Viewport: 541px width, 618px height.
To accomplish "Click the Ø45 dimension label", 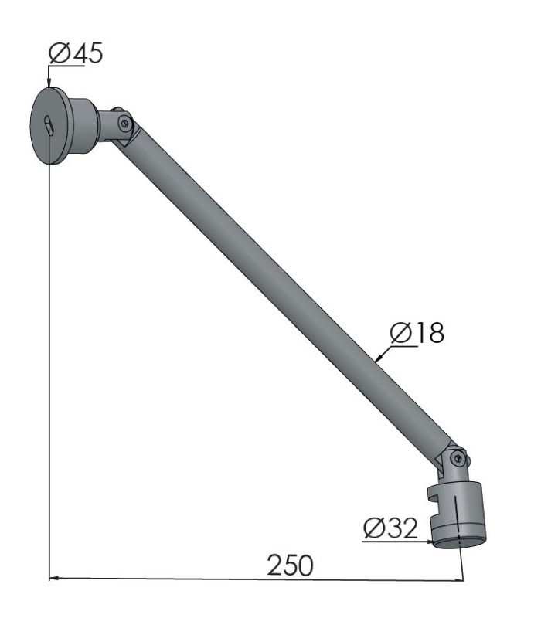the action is (75, 53).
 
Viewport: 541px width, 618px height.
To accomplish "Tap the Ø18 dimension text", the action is (417, 333).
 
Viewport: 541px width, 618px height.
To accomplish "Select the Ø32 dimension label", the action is (390, 528).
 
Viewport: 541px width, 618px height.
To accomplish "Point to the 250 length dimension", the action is (291, 565).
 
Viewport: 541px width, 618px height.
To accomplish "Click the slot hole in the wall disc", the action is (49, 125).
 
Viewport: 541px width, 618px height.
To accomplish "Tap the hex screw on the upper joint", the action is (125, 124).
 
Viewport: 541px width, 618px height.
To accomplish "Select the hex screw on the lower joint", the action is (458, 458).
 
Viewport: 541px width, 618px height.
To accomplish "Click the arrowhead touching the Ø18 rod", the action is (377, 358).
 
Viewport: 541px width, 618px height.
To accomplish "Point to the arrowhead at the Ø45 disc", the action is (49, 83).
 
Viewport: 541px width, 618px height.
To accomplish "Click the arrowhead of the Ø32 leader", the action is (430, 542).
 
